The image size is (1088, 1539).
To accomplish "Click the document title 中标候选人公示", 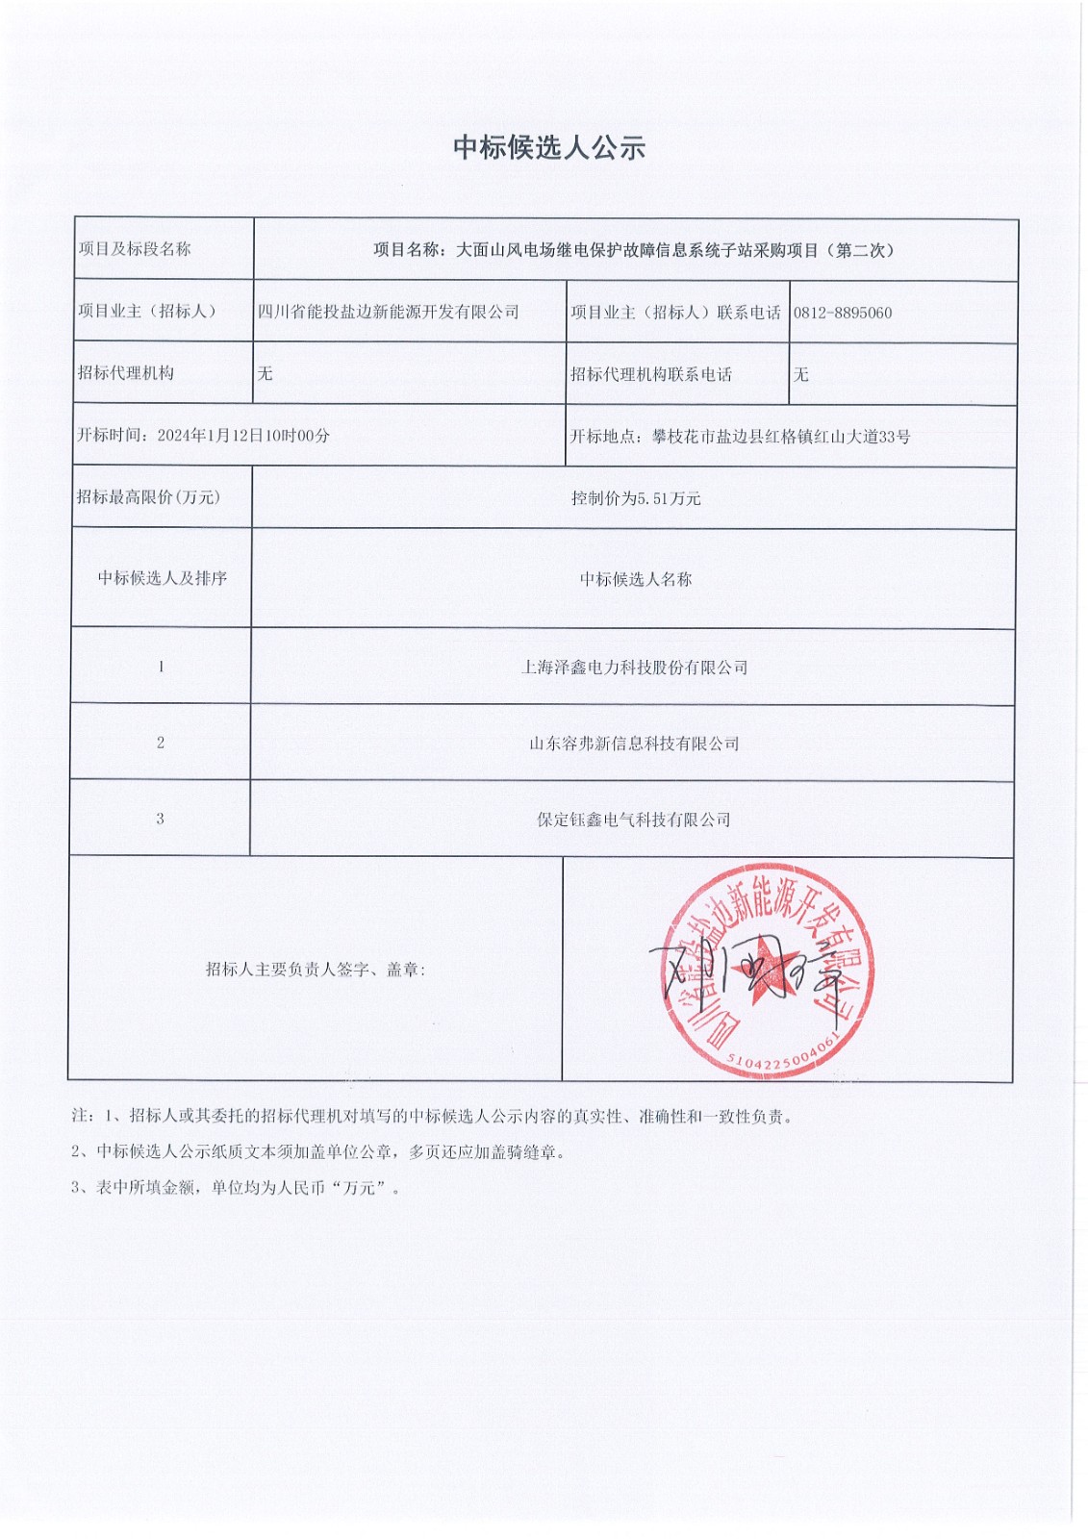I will pyautogui.click(x=549, y=148).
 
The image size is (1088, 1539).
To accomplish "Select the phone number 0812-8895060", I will pyautogui.click(x=843, y=313).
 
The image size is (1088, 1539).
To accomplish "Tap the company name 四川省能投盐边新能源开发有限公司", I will pyautogui.click(x=389, y=312).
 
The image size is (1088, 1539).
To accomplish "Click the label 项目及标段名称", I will pyautogui.click(x=135, y=249).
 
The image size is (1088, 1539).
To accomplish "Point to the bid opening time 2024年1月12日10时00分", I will pyautogui.click(x=243, y=436).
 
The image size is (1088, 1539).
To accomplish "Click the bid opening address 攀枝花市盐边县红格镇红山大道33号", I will pyautogui.click(x=780, y=437).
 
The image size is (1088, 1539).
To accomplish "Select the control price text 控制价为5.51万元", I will pyautogui.click(x=635, y=498).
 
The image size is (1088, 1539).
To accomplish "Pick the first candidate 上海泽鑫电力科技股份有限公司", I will pyautogui.click(x=634, y=668).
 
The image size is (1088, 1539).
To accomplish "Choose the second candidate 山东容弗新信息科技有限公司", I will pyautogui.click(x=634, y=744).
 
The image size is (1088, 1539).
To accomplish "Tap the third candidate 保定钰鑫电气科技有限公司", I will pyautogui.click(x=634, y=820).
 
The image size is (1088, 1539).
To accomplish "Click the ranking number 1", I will pyautogui.click(x=161, y=667).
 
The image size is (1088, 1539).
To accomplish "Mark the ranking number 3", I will pyautogui.click(x=161, y=819).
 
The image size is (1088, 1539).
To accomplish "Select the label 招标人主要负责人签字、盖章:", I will pyautogui.click(x=316, y=970).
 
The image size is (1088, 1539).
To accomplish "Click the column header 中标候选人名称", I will pyautogui.click(x=635, y=579).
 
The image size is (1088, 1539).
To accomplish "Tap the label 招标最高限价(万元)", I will pyautogui.click(x=149, y=497).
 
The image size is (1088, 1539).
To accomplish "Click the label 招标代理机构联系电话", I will pyautogui.click(x=651, y=374).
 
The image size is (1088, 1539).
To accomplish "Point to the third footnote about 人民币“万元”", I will pyautogui.click(x=236, y=1188).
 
